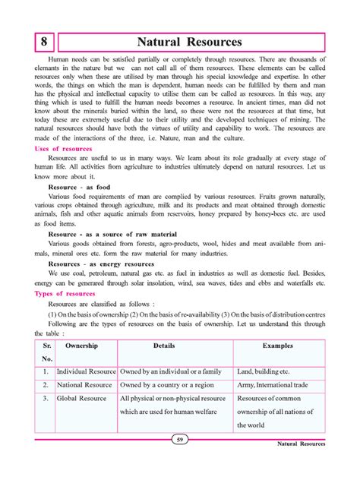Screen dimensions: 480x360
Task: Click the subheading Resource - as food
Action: point(78,185)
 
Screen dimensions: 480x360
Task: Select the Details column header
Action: point(163,346)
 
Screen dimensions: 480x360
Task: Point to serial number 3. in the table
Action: point(46,398)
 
